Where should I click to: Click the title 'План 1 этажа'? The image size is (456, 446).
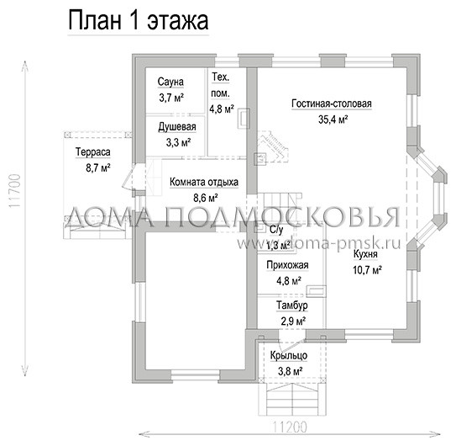(139, 21)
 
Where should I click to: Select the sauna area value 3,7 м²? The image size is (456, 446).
(171, 98)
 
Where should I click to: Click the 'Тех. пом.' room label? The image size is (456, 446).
(223, 85)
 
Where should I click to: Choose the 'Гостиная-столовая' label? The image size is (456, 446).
(332, 104)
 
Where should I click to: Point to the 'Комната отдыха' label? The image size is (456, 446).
(204, 181)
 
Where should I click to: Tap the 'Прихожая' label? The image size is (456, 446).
(287, 265)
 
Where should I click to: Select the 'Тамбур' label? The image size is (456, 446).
(287, 305)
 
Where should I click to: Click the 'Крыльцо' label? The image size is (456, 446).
(288, 356)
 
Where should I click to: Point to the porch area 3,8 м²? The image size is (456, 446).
(288, 370)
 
